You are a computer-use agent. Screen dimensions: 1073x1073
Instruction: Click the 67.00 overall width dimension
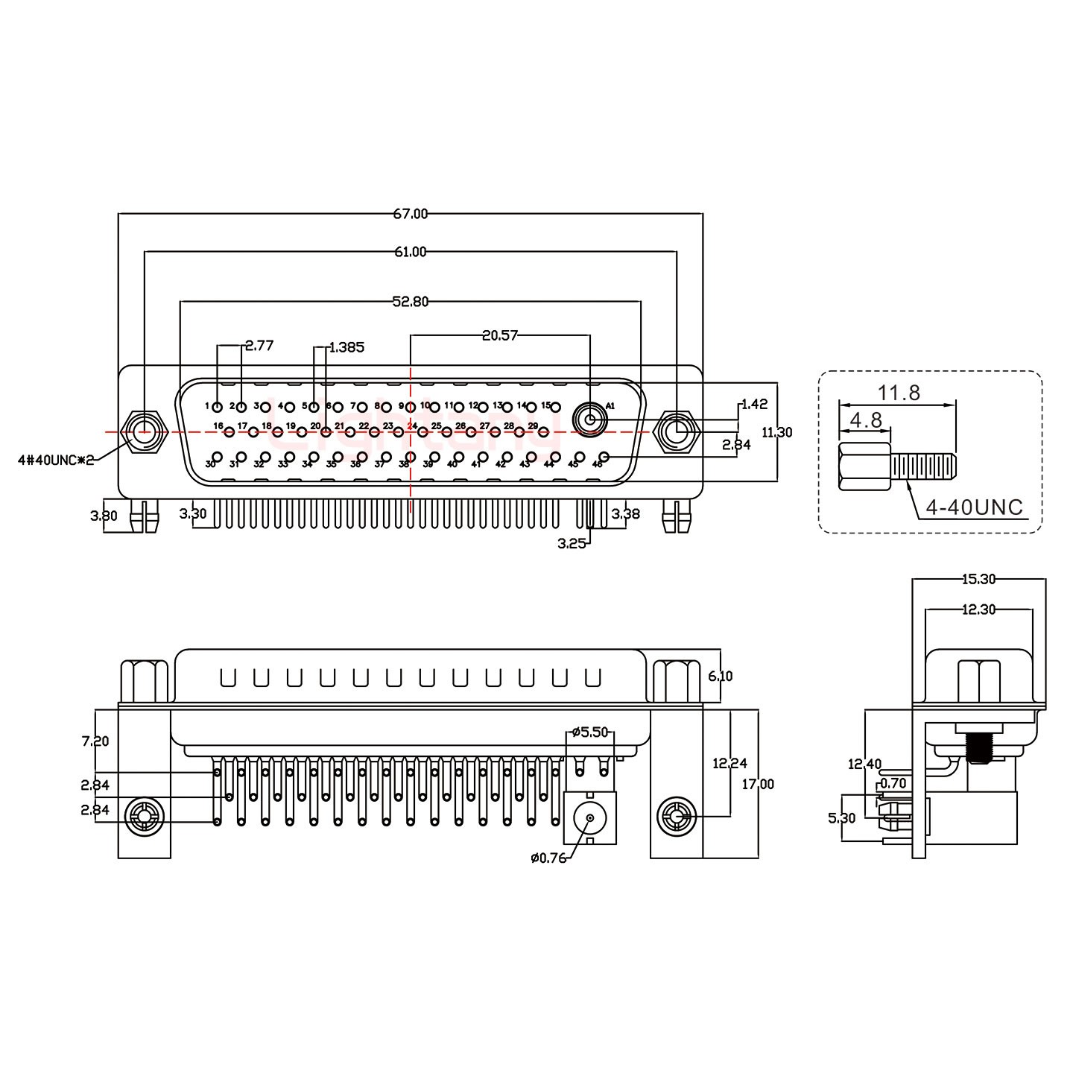(x=411, y=214)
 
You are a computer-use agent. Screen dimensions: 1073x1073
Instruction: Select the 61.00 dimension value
(x=411, y=252)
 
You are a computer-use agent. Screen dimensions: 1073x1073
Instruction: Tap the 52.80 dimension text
(x=411, y=302)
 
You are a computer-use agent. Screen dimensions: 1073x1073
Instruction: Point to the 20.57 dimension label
(x=500, y=335)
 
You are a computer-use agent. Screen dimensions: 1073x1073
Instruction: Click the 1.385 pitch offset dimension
(x=346, y=347)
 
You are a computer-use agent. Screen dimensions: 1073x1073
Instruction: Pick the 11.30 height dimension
(x=777, y=431)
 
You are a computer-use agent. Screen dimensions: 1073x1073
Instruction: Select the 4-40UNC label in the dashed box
(x=974, y=507)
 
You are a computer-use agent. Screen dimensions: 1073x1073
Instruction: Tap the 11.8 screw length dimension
(x=898, y=392)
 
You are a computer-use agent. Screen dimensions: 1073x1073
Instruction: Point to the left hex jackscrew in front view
(x=144, y=432)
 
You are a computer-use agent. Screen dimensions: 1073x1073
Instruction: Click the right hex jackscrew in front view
(x=676, y=432)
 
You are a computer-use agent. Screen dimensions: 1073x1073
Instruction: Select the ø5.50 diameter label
(x=591, y=732)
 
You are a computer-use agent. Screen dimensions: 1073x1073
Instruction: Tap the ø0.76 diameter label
(x=548, y=858)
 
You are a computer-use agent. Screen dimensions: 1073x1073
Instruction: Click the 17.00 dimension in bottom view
(x=758, y=784)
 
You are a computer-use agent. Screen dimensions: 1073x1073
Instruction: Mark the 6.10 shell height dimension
(x=721, y=676)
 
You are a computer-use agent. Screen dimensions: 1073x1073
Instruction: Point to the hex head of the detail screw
(x=864, y=467)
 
